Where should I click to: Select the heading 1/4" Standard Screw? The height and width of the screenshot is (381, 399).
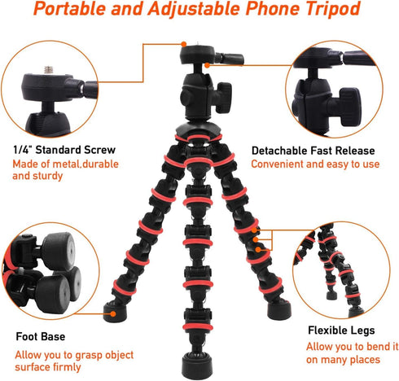click(64, 150)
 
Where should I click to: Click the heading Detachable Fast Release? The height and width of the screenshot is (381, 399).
click(313, 151)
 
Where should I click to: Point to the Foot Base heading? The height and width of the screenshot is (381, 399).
click(41, 335)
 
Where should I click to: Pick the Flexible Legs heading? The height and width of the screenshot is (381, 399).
click(341, 331)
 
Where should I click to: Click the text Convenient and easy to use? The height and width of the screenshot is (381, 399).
click(315, 164)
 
